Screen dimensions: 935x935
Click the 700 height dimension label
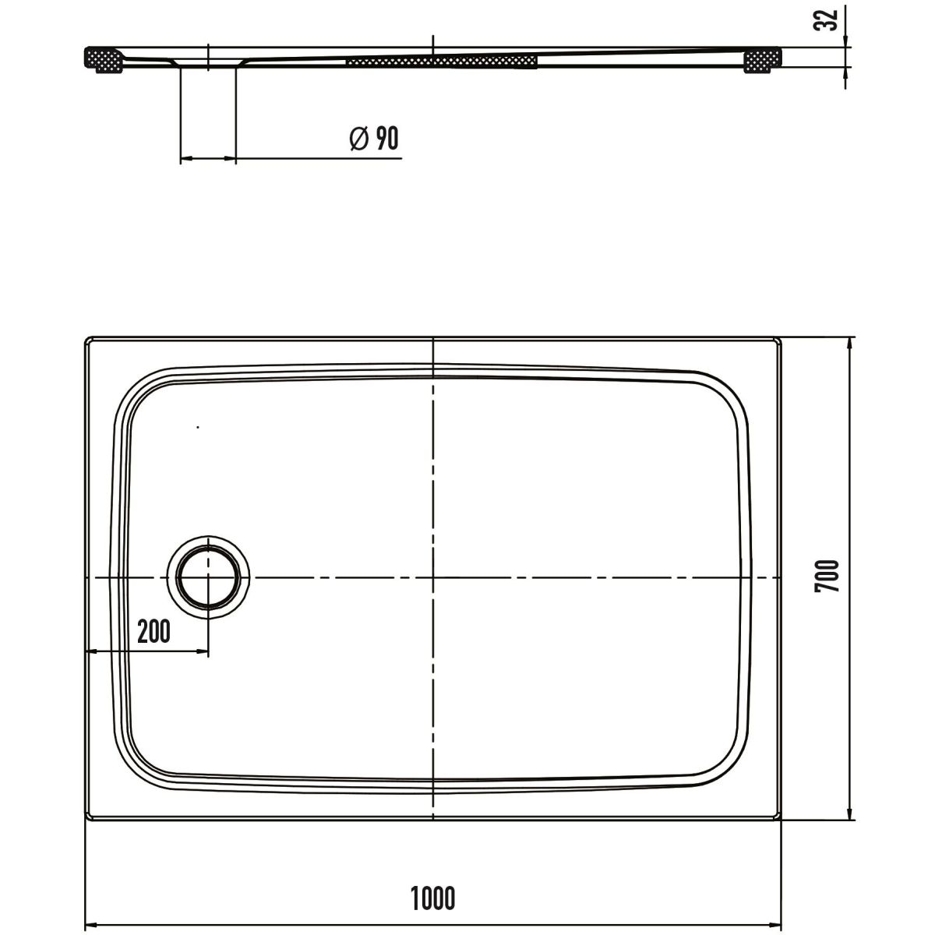click(827, 576)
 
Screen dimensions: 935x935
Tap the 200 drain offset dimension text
click(153, 631)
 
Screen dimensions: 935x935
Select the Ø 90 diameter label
click(374, 138)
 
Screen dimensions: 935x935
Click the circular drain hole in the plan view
click(208, 577)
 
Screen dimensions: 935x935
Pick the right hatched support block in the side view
click(762, 60)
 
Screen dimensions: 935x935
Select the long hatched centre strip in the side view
click(442, 62)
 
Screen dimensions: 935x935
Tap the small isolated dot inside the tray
click(197, 427)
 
